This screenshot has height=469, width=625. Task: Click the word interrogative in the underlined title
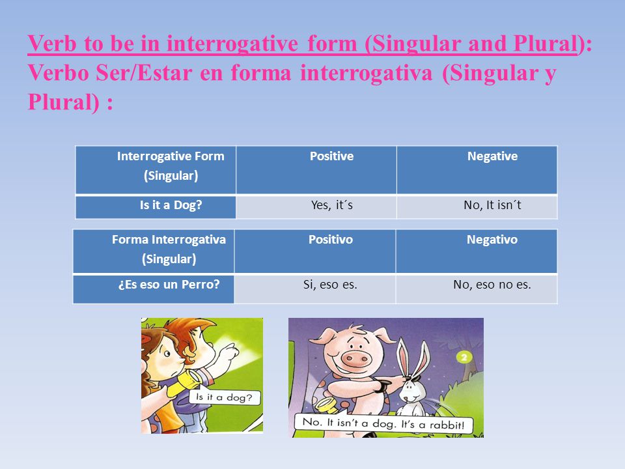pyautogui.click(x=232, y=44)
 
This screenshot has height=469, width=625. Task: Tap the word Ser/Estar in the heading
pyautogui.click(x=144, y=73)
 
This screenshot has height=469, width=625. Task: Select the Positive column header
pyautogui.click(x=331, y=156)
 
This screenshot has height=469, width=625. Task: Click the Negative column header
pyautogui.click(x=492, y=156)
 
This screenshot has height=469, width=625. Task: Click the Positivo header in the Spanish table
pyautogui.click(x=331, y=239)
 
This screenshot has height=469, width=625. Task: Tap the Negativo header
pyautogui.click(x=492, y=239)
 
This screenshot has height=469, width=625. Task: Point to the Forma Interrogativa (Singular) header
pyautogui.click(x=169, y=249)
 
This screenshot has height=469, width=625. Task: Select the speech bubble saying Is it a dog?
pyautogui.click(x=224, y=397)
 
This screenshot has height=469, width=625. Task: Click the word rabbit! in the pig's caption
pyautogui.click(x=447, y=425)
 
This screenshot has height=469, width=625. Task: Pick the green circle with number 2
pyautogui.click(x=464, y=356)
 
